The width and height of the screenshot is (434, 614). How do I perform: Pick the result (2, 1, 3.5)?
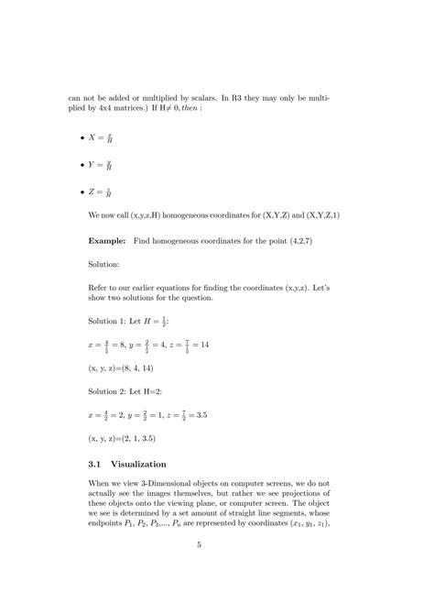(x=114, y=437)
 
